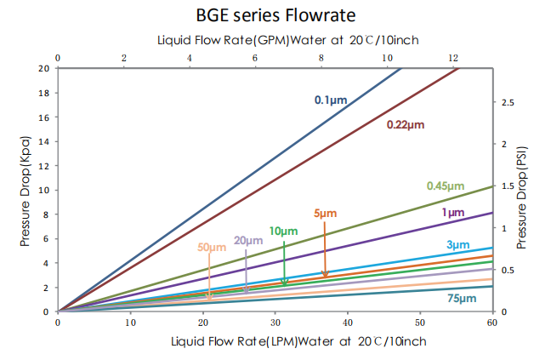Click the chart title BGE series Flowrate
(276, 15)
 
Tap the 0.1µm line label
(331, 100)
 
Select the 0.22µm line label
(405, 125)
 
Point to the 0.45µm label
(446, 186)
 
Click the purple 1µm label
(452, 212)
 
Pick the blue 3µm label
(457, 245)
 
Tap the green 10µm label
(283, 231)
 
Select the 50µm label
(212, 248)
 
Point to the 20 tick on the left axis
(44, 68)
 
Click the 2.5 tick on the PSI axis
(508, 102)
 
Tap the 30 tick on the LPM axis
(275, 323)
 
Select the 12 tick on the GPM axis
(453, 58)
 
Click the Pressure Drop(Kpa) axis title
(26, 189)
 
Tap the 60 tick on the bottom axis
(492, 323)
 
